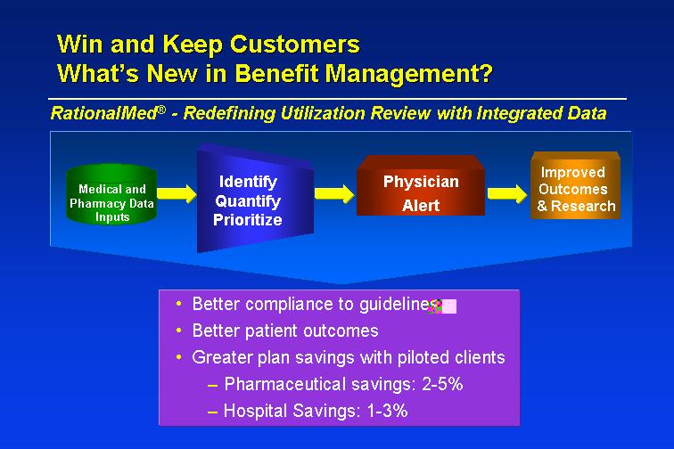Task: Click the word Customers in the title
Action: [294, 44]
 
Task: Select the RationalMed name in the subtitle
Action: [108, 113]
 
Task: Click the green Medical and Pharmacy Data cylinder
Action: [111, 194]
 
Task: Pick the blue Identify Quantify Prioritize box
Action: [255, 199]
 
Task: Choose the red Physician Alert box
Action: [421, 185]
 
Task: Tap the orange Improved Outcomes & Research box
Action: [576, 185]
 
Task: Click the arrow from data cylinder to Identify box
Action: [177, 193]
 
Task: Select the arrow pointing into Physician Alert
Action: [334, 193]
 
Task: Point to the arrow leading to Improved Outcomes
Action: [507, 193]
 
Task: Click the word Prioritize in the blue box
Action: [248, 220]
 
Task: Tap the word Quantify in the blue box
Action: [248, 201]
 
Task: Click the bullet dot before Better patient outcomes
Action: [179, 331]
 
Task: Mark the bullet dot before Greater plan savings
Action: [179, 357]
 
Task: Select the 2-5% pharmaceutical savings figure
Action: [442, 384]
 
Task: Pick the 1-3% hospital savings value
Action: [387, 411]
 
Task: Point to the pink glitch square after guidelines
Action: [448, 306]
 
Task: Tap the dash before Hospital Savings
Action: [212, 412]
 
